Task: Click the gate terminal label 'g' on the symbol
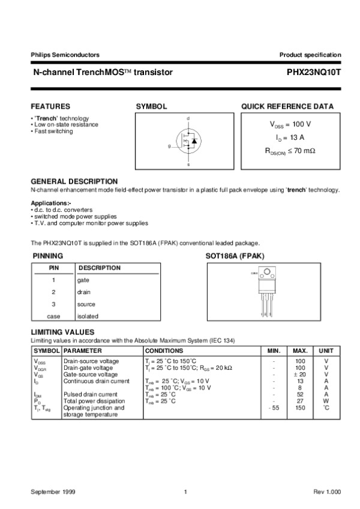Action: [x=169, y=146]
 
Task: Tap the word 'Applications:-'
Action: [x=50, y=203]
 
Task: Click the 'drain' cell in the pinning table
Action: [x=83, y=292]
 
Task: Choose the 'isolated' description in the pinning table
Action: [x=88, y=316]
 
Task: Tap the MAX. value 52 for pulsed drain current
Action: [x=300, y=394]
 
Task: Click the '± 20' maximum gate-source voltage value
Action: [x=300, y=374]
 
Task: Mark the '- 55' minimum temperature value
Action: [x=273, y=408]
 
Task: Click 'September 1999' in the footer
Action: [x=51, y=492]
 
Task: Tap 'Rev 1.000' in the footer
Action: [x=327, y=492]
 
